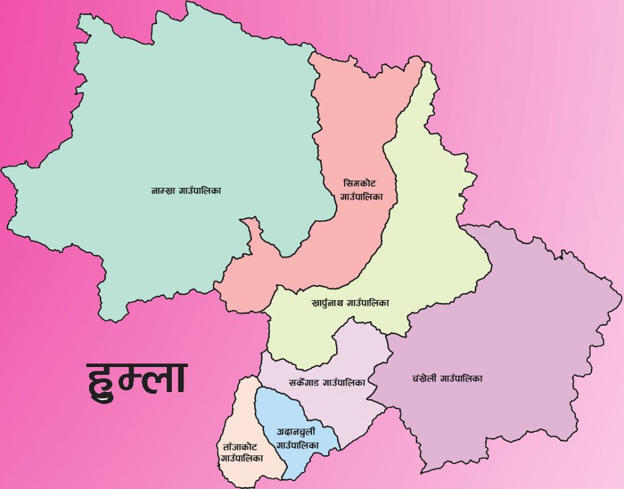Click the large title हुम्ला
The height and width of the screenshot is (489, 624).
tap(136, 378)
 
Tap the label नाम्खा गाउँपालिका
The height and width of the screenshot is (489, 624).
tap(186, 191)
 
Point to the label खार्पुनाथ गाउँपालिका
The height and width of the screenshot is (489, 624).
tap(350, 302)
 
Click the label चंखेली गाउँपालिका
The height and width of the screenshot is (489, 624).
tap(447, 378)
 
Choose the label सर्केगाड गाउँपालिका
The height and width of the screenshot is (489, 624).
tap(327, 383)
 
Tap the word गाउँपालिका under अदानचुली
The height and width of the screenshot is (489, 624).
tap(297, 446)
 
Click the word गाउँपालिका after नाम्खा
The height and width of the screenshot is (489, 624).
tap(200, 191)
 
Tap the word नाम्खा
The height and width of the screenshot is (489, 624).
tap(163, 191)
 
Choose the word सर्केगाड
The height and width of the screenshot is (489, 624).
tap(305, 383)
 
